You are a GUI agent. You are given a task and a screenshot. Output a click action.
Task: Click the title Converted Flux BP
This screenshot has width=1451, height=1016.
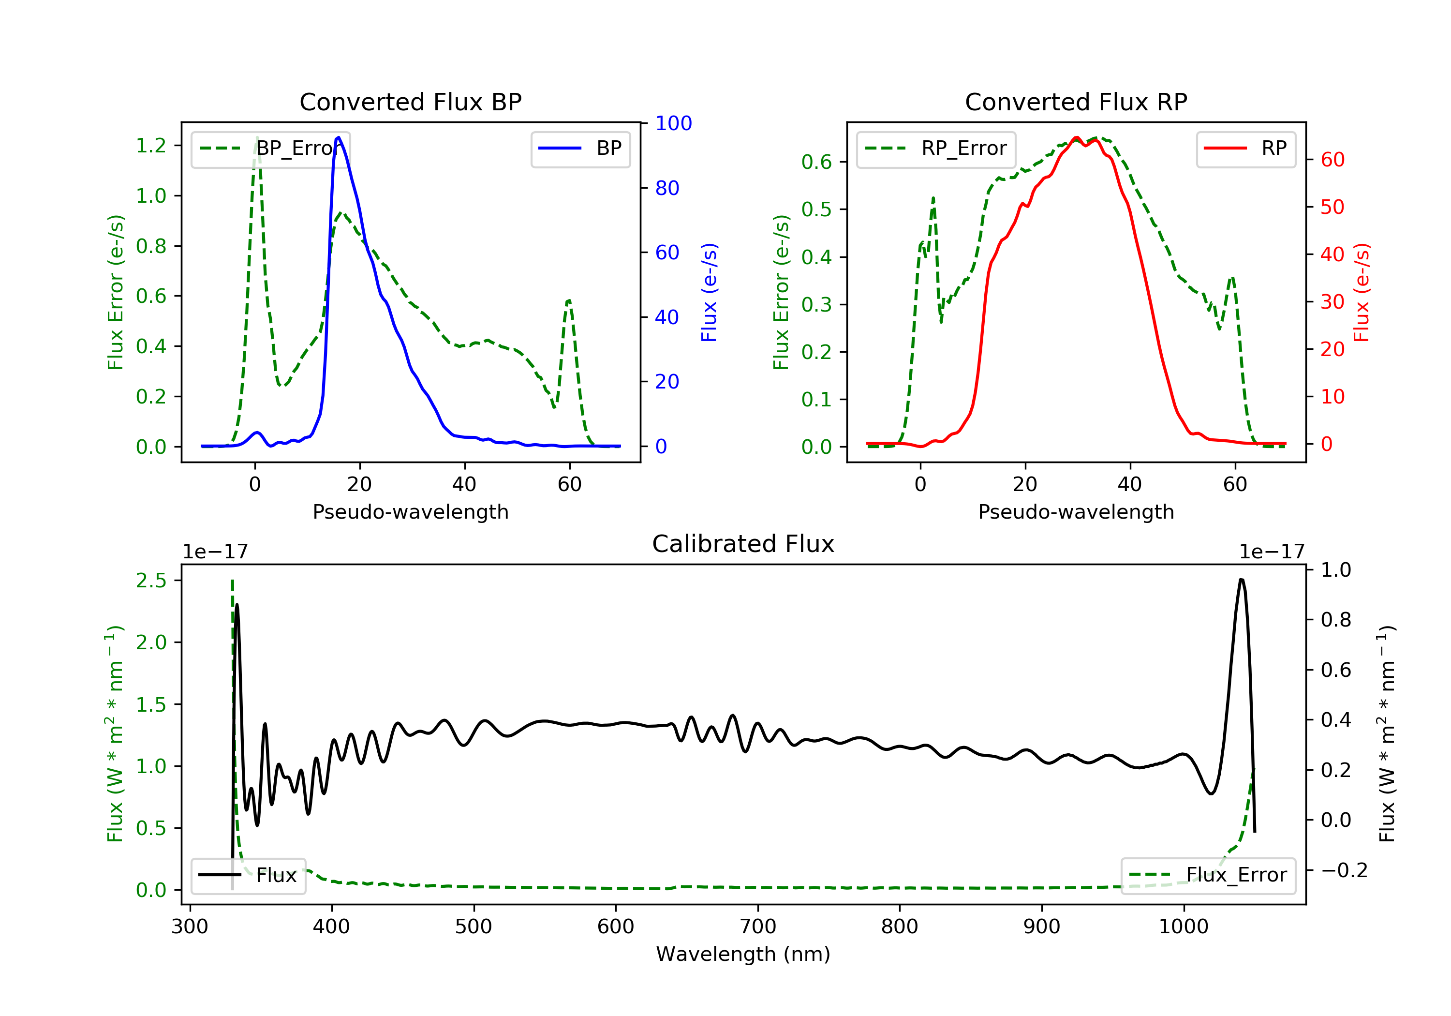tap(410, 102)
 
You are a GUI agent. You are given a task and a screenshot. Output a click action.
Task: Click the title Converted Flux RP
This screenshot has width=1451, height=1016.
tap(1076, 102)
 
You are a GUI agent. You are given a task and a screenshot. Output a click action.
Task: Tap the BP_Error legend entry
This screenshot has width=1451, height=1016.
tap(270, 149)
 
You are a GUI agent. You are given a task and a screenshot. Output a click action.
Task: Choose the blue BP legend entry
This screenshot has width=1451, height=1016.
tap(580, 149)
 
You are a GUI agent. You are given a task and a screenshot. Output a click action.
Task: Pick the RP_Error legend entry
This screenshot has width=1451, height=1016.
tap(935, 149)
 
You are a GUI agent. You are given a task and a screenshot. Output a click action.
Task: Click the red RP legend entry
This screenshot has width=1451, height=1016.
tap(1245, 149)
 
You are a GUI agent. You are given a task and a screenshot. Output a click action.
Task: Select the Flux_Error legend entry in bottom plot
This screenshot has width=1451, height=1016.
tap(1208, 875)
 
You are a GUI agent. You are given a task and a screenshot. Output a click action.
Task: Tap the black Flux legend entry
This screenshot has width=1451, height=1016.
tap(249, 875)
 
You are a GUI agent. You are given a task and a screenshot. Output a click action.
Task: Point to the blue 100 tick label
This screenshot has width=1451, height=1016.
tap(673, 123)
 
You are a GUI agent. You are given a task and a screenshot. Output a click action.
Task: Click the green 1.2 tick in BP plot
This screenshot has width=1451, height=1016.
tap(151, 146)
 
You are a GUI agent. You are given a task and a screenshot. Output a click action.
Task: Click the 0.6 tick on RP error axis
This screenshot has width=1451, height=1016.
tap(816, 162)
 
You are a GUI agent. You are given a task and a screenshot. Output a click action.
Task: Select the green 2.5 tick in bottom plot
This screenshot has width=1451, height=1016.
tap(151, 581)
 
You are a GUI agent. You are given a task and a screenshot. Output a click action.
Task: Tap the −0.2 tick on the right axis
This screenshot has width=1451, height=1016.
tap(1344, 870)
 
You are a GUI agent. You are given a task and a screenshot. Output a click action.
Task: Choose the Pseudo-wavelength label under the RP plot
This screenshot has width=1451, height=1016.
tap(1076, 511)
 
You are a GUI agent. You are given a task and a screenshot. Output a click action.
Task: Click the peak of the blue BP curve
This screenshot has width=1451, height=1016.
tap(339, 137)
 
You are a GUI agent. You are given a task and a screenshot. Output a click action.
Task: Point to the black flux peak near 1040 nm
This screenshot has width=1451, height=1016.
tap(1241, 579)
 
